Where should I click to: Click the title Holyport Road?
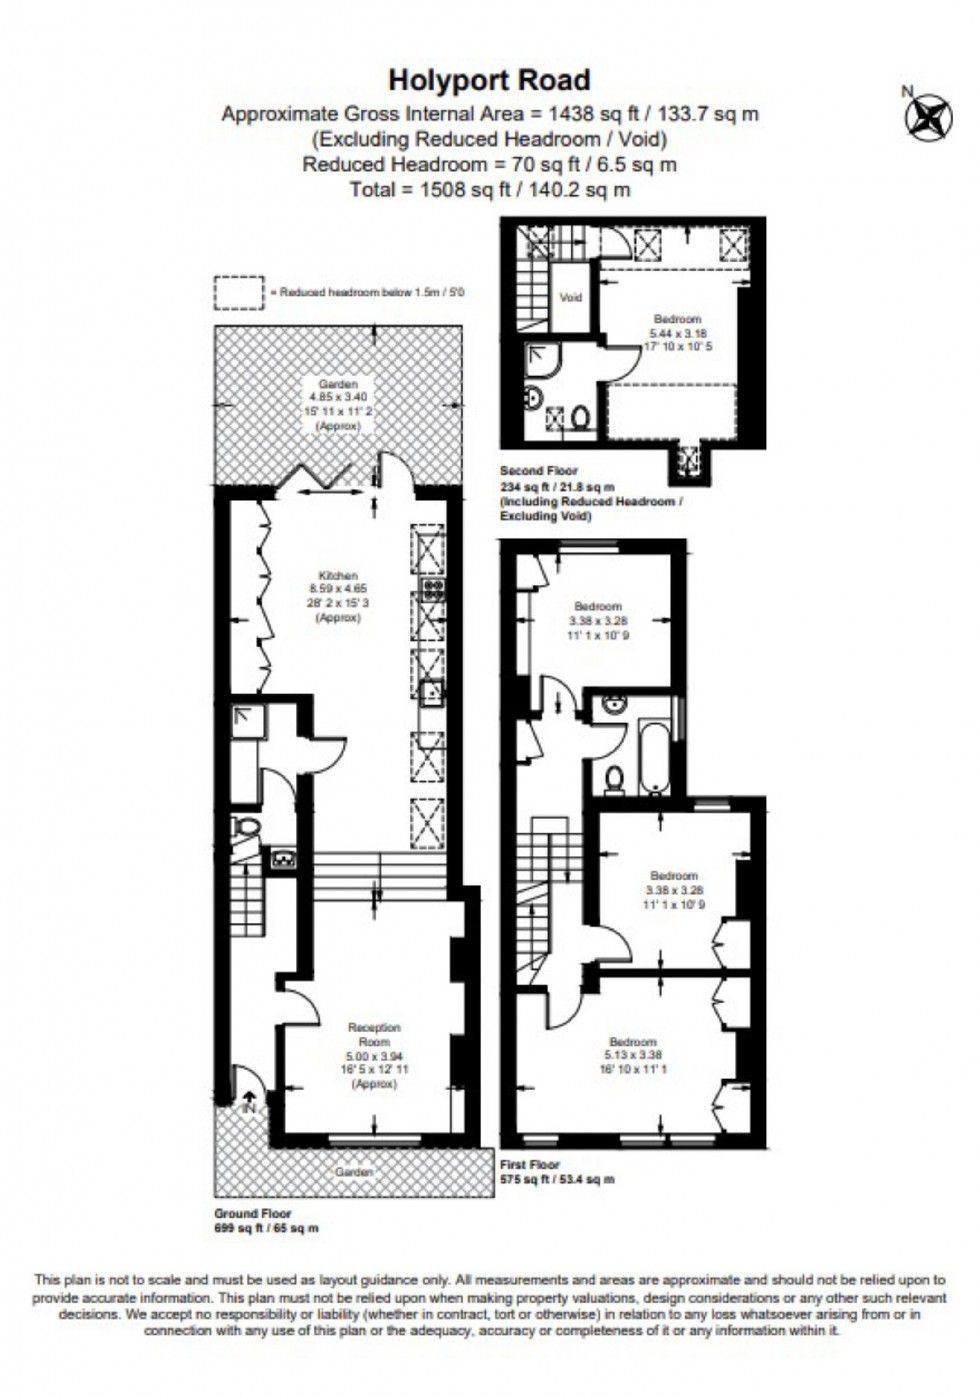489,79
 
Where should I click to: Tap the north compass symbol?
928,116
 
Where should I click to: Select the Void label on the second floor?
570,297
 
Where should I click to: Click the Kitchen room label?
338,576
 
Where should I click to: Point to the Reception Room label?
374,1034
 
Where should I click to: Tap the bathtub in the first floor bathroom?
655,756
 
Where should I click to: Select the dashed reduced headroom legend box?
239,292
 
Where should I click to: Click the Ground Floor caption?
253,1213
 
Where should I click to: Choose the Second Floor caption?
538,470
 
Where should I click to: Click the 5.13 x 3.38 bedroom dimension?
632,1054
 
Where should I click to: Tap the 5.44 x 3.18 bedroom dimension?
676,333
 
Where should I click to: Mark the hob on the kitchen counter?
432,587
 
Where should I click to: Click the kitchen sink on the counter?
432,691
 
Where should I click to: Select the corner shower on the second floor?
543,358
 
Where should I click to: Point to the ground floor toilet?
245,828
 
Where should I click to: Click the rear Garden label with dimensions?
338,404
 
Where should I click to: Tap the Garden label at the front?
354,1171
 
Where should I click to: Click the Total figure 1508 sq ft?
489,189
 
